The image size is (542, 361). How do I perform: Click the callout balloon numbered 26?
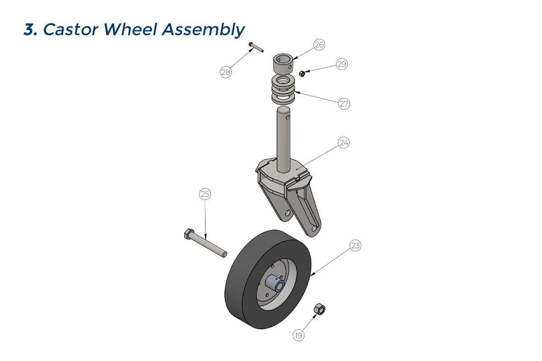tap(319, 45)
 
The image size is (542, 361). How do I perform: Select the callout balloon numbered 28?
tap(226, 72)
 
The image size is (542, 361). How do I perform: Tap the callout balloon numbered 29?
tap(342, 64)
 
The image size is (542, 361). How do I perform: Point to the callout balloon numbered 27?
tap(344, 104)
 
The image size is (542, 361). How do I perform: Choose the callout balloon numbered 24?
tap(344, 143)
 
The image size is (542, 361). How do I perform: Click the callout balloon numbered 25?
tap(205, 194)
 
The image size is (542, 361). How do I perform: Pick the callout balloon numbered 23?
tap(355, 245)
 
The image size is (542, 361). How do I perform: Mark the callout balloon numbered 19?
tap(299, 335)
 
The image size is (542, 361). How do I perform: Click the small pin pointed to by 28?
tap(256, 47)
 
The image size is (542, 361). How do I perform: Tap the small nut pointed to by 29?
tap(302, 73)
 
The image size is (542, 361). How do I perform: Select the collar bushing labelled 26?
tap(283, 64)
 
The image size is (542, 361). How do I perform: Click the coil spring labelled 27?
tap(283, 89)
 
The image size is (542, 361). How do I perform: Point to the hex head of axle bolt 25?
tap(189, 234)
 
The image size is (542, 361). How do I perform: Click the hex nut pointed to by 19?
tap(319, 309)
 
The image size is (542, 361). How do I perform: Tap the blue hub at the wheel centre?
tap(275, 283)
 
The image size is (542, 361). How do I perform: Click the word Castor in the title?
tap(70, 29)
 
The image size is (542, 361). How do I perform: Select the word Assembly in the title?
tap(203, 30)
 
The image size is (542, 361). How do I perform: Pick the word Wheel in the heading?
tap(131, 29)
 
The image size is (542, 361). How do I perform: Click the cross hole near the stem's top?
tap(288, 117)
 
